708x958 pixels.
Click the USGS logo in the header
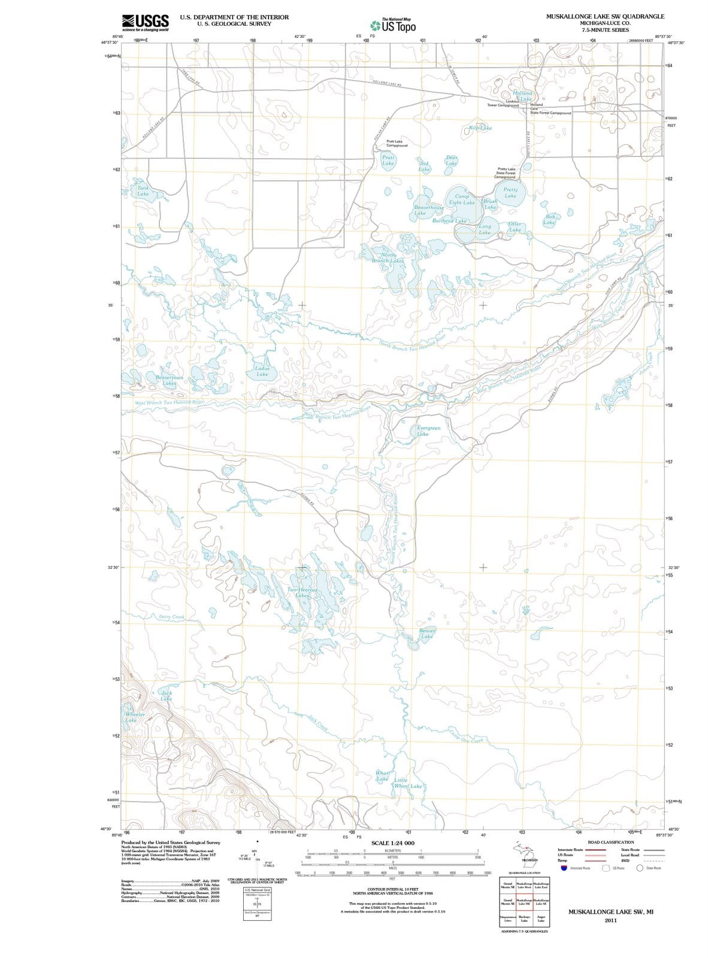point(145,22)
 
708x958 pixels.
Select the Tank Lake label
point(143,191)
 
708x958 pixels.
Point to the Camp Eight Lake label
point(462,199)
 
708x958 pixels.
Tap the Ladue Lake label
point(262,371)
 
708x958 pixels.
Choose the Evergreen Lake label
point(428,431)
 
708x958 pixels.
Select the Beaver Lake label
point(426,633)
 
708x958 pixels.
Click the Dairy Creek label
point(172,617)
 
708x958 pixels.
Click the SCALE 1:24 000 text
point(393,843)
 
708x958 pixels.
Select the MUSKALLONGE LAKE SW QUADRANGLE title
point(605,16)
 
